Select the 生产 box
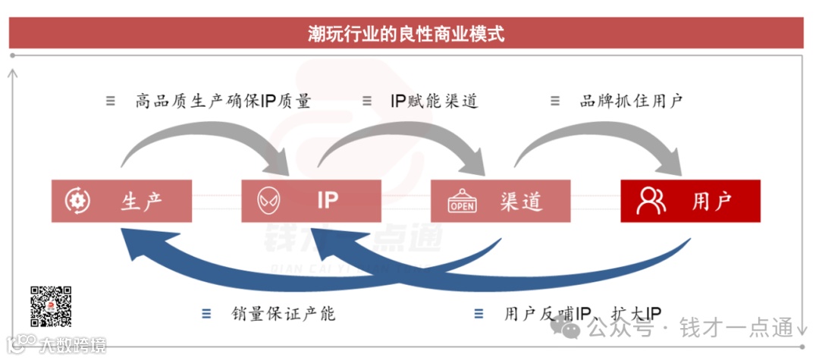[121, 201]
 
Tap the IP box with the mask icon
[311, 201]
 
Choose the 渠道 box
[500, 201]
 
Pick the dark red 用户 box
[690, 201]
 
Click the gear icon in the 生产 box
[78, 201]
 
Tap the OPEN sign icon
[462, 202]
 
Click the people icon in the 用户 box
[651, 200]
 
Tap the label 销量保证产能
[284, 314]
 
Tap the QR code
[51, 306]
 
